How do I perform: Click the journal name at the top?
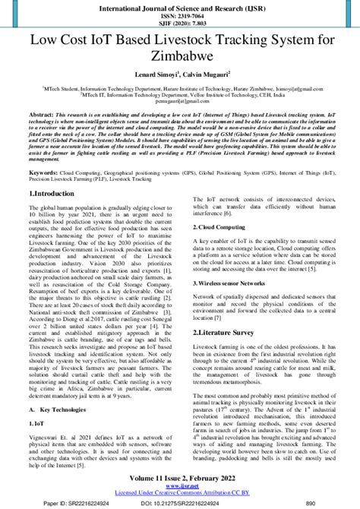pos(180,6)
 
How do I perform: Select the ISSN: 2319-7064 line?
pos(180,15)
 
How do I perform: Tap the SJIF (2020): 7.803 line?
pos(180,24)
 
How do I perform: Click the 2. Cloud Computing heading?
pos(223,226)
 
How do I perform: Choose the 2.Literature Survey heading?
pos(228,333)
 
